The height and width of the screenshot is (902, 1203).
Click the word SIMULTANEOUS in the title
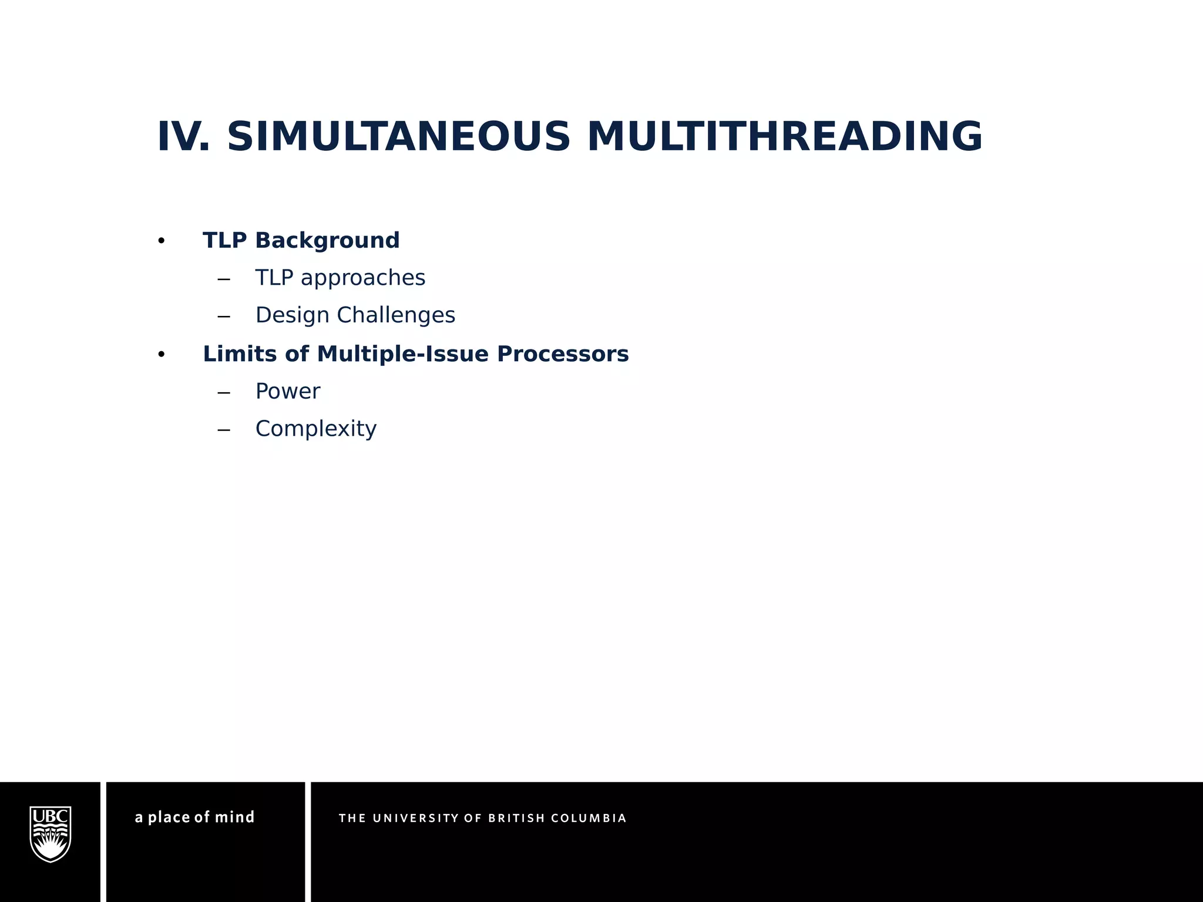click(x=398, y=137)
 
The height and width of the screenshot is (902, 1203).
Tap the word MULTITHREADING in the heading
click(x=784, y=137)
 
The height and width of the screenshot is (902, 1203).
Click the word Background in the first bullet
click(x=327, y=241)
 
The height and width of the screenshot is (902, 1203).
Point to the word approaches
click(x=362, y=278)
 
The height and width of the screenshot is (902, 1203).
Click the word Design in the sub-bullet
click(x=292, y=315)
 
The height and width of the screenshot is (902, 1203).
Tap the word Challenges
click(x=396, y=315)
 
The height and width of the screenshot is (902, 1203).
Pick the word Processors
click(x=563, y=354)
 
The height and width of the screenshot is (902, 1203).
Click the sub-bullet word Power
click(x=288, y=392)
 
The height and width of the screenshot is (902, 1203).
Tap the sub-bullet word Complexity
click(x=316, y=429)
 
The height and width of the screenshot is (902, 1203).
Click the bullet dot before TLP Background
click(x=162, y=241)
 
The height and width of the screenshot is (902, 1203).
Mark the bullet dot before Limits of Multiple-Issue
click(x=162, y=355)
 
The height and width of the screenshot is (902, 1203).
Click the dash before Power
click(x=223, y=392)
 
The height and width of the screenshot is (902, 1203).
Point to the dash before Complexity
click(x=223, y=430)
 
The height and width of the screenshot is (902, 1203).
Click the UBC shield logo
click(x=51, y=834)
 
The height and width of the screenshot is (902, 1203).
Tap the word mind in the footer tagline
click(x=234, y=817)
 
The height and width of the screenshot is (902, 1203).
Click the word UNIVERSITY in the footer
click(x=416, y=819)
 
